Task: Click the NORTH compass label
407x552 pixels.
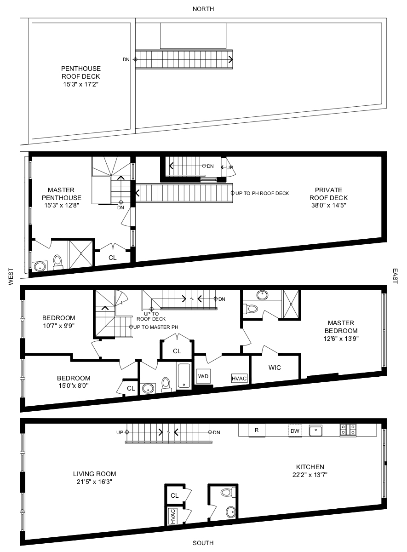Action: click(203, 9)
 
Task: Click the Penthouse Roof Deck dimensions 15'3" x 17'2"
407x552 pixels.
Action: click(81, 84)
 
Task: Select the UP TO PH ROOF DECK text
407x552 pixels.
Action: click(262, 194)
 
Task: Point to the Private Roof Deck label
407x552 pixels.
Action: click(329, 194)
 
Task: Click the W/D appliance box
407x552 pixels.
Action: click(203, 376)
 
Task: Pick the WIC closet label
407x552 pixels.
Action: click(275, 368)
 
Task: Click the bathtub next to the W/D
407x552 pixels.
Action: click(184, 376)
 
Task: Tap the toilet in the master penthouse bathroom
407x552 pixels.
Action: click(57, 262)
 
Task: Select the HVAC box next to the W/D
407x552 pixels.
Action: click(239, 378)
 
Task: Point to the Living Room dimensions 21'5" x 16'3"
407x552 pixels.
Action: click(94, 482)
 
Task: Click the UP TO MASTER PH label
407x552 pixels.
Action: click(156, 327)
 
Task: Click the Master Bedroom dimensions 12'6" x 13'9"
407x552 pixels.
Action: click(341, 339)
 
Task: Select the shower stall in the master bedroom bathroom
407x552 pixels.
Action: click(291, 304)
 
